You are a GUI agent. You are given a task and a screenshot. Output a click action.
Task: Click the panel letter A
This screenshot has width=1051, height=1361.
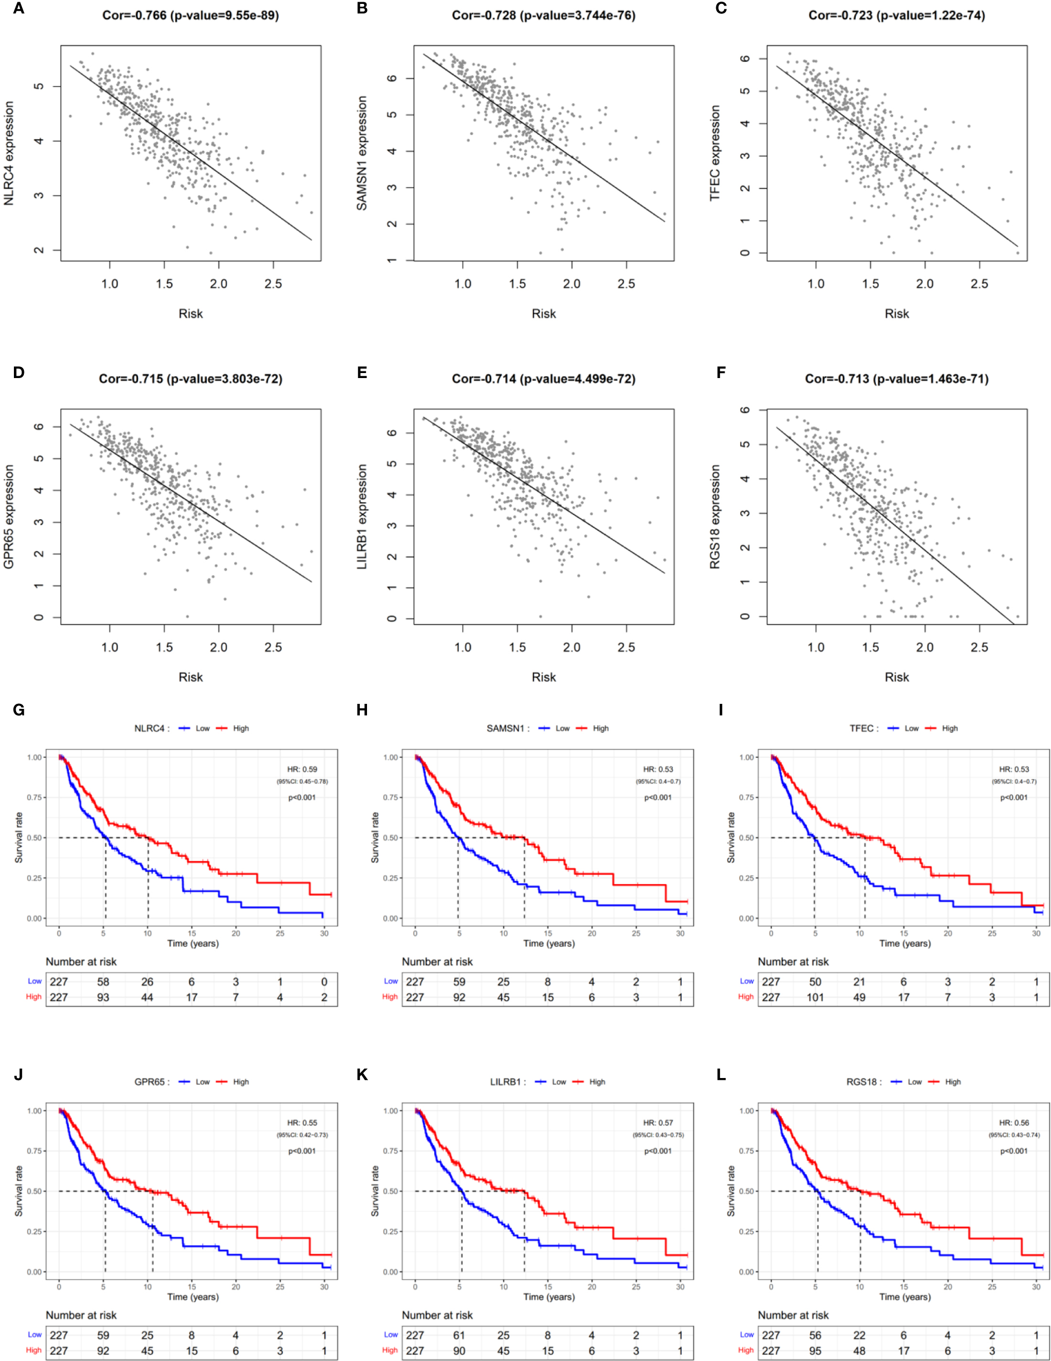(x=19, y=9)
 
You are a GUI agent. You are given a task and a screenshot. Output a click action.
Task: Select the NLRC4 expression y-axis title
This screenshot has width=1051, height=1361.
(x=9, y=153)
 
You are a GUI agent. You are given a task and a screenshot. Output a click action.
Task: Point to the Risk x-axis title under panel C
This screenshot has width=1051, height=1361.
(x=896, y=314)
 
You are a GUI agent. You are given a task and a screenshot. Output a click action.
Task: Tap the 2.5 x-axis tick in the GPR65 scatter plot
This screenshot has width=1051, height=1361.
(x=273, y=648)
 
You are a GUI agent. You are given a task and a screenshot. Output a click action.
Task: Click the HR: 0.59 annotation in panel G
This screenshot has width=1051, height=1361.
(x=302, y=769)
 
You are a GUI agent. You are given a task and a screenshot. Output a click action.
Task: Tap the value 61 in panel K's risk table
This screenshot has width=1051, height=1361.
(x=459, y=1335)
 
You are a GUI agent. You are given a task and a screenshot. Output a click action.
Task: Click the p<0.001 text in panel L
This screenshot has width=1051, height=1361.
(x=1014, y=1151)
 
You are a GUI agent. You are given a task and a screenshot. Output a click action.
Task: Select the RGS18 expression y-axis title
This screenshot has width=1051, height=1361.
(x=715, y=516)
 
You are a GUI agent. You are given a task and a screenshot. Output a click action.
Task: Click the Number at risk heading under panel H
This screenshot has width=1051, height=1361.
(x=437, y=962)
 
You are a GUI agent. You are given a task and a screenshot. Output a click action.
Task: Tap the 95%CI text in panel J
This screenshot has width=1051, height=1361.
(x=303, y=1135)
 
